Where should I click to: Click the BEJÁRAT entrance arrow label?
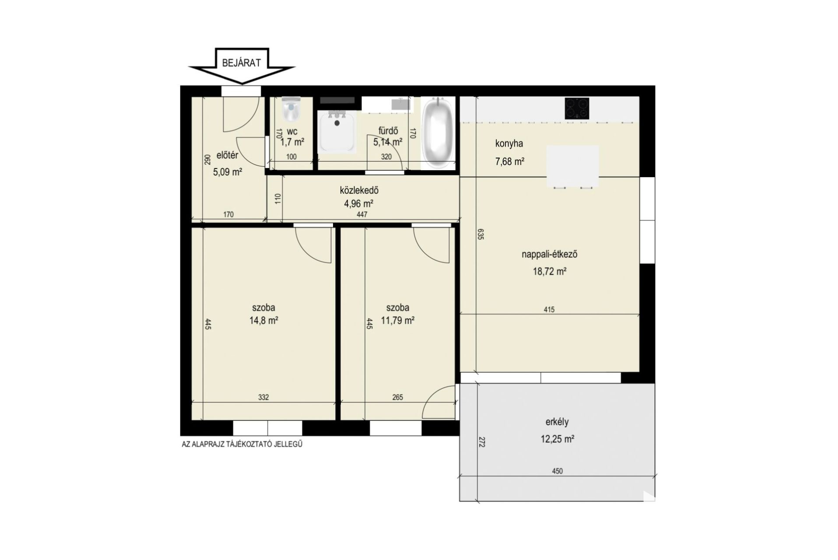[x=241, y=63]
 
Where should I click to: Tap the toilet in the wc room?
[x=291, y=109]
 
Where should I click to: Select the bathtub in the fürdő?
[x=438, y=133]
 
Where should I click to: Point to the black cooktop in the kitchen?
[x=577, y=108]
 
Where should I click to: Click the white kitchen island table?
[x=573, y=166]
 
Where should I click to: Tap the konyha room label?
[x=509, y=143]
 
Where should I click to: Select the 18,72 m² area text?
[x=549, y=271]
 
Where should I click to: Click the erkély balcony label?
[x=557, y=422]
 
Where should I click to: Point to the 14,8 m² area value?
[x=264, y=320]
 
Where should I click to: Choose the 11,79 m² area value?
[x=398, y=320]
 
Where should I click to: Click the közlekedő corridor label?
[x=359, y=191]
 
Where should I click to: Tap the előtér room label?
[x=227, y=155]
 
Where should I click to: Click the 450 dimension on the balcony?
[x=557, y=471]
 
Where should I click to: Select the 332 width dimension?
[x=263, y=397]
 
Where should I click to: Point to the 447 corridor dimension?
[x=362, y=214]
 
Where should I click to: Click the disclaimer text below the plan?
[x=242, y=444]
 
